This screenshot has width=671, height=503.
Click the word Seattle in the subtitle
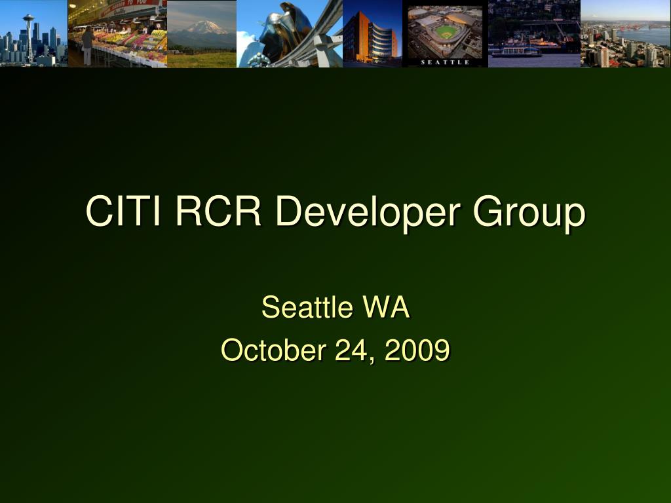(x=307, y=307)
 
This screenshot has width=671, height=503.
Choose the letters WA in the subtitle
(x=386, y=307)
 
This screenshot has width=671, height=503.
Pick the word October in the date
(x=273, y=350)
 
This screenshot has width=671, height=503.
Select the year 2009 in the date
(x=417, y=350)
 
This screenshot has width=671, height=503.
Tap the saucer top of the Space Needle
(x=29, y=18)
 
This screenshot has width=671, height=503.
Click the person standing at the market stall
(x=88, y=46)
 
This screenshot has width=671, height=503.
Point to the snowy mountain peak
(x=205, y=26)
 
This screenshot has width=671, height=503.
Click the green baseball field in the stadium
(x=445, y=31)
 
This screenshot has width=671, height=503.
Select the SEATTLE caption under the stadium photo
(x=445, y=62)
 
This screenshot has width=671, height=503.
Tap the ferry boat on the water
(x=516, y=51)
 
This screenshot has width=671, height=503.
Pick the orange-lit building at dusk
(x=357, y=37)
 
